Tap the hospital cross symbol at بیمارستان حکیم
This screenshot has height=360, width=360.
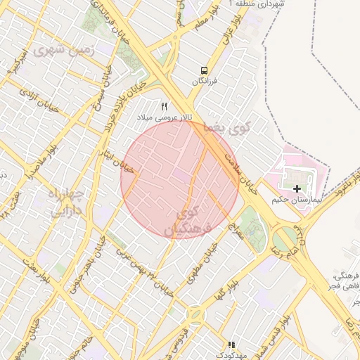pyautogui.click(x=297, y=188)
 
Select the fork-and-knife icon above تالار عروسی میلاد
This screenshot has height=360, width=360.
pyautogui.click(x=165, y=106)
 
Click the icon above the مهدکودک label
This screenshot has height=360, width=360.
pyautogui.click(x=231, y=345)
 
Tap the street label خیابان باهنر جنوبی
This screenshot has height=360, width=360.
pyautogui.click(x=105, y=262)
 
